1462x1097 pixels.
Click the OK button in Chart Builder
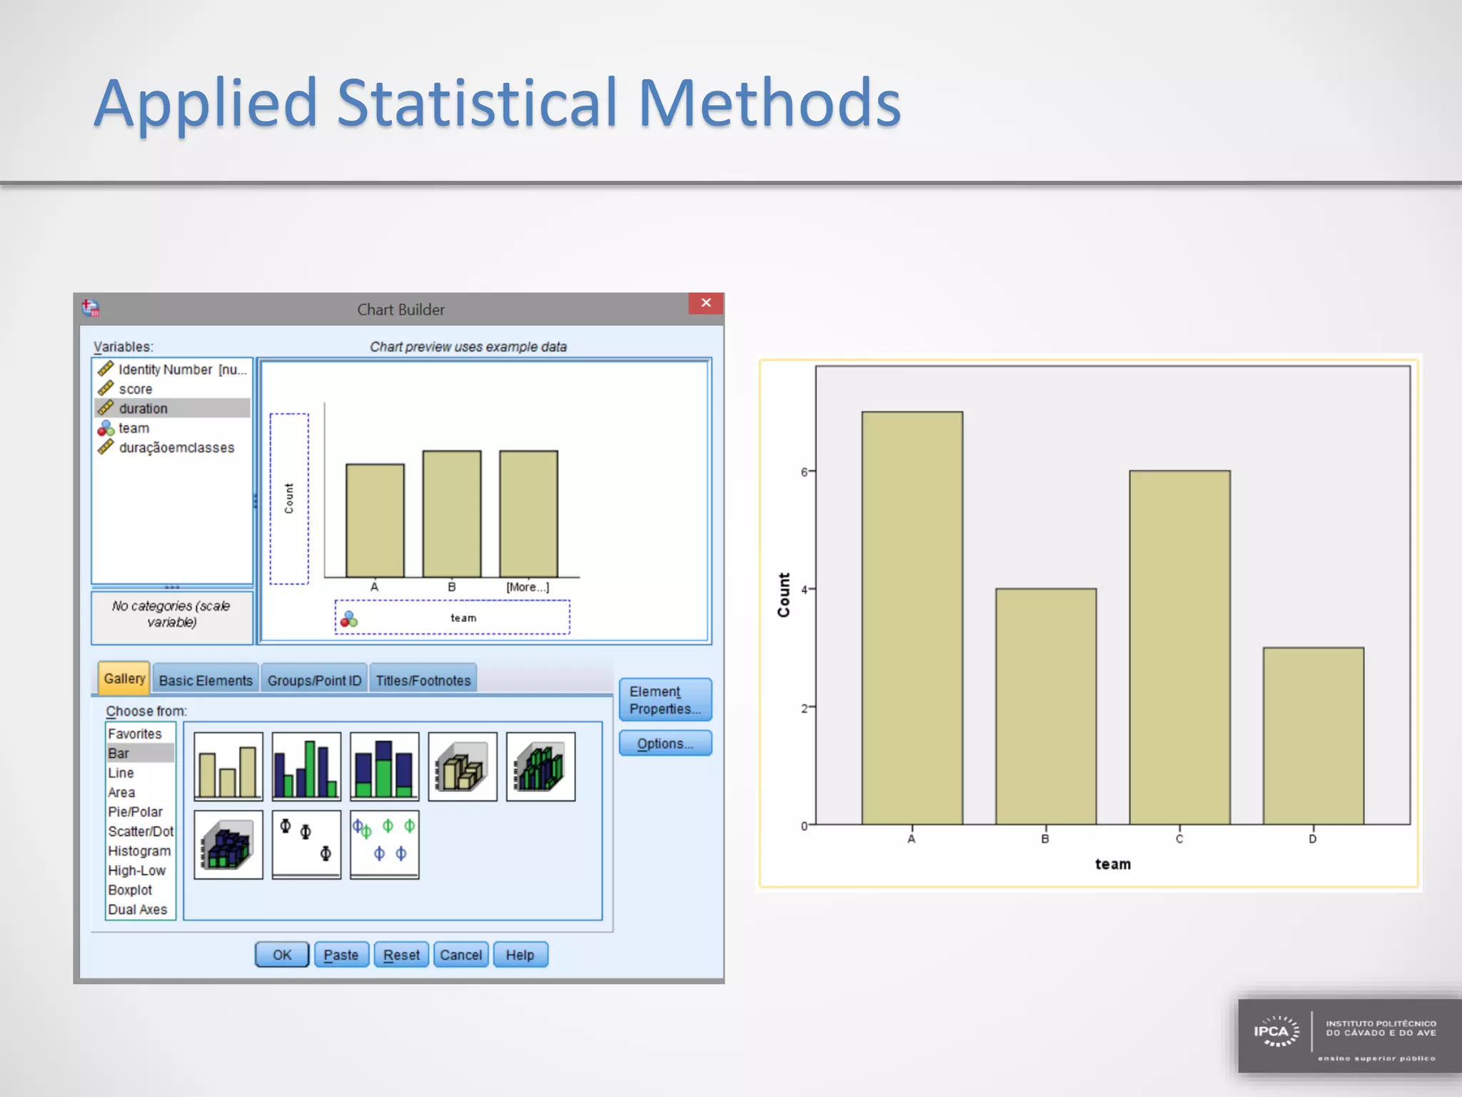click(x=282, y=955)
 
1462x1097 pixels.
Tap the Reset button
click(x=401, y=955)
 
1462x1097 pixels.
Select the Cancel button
click(x=460, y=955)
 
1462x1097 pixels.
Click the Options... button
click(x=665, y=743)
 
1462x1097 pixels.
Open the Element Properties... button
click(x=665, y=700)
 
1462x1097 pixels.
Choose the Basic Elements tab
click(x=206, y=681)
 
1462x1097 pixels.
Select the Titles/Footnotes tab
click(x=423, y=681)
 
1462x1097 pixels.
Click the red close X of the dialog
click(x=706, y=303)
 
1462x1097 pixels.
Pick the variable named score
click(x=136, y=389)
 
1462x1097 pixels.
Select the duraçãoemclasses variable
click(x=176, y=448)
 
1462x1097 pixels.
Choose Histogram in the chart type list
click(x=139, y=851)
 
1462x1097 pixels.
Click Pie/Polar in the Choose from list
click(x=135, y=812)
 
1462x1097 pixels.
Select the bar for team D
click(x=1313, y=736)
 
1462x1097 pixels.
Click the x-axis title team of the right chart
click(x=1112, y=864)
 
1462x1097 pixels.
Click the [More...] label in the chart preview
click(x=528, y=587)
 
